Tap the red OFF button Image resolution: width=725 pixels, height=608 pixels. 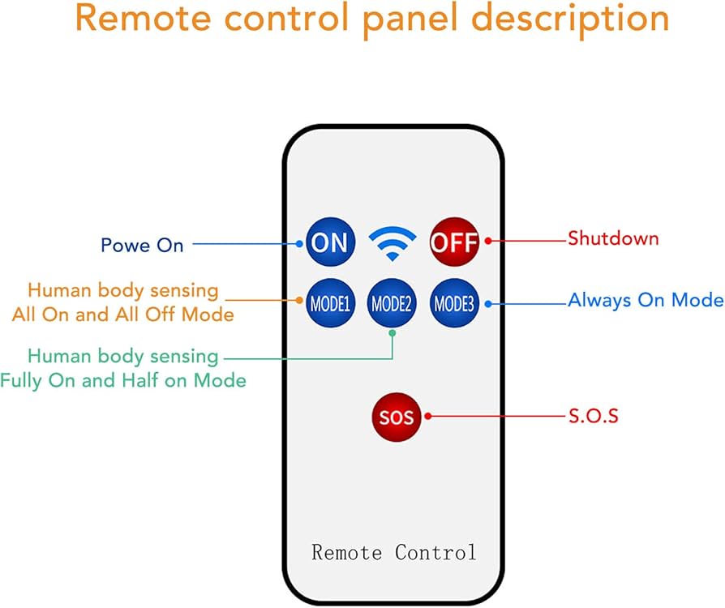(x=454, y=242)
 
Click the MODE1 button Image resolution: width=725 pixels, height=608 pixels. (x=329, y=304)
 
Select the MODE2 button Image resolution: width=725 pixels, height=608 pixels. (x=393, y=304)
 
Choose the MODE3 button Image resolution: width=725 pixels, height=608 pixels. (x=454, y=304)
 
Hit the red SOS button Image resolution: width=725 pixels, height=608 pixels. (x=397, y=417)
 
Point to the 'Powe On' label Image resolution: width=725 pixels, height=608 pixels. (x=142, y=245)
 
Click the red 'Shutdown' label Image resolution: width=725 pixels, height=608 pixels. (x=613, y=238)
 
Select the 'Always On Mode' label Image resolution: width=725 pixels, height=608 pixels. (x=646, y=300)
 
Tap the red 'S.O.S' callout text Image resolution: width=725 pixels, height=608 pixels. (x=594, y=417)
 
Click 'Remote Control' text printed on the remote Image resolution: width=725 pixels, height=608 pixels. (x=394, y=553)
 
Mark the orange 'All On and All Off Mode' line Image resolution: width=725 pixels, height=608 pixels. (x=123, y=314)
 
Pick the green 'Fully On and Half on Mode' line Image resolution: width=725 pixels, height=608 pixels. (x=123, y=379)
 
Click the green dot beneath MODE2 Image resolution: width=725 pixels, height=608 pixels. (x=393, y=333)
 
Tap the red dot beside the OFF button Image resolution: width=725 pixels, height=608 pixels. (x=487, y=241)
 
